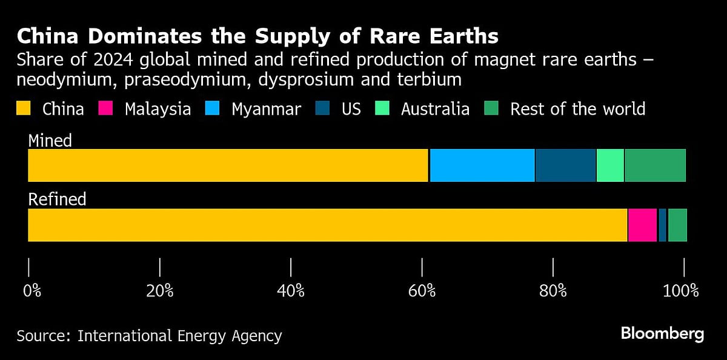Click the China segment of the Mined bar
(x=228, y=165)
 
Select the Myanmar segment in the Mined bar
(x=482, y=165)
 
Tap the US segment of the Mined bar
(x=565, y=165)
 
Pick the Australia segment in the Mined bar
(x=610, y=165)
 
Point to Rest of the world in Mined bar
(x=655, y=165)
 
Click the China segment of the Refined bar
(x=327, y=225)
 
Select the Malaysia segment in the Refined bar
(x=642, y=225)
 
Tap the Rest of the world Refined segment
(x=677, y=225)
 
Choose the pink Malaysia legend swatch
(x=107, y=109)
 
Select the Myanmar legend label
(x=266, y=109)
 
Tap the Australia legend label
(x=435, y=109)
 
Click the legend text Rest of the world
(x=577, y=109)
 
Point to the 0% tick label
(x=32, y=291)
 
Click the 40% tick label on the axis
(x=291, y=291)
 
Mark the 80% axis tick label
(x=553, y=291)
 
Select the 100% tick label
(x=681, y=291)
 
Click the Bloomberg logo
(x=662, y=333)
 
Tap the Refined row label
(x=58, y=199)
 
